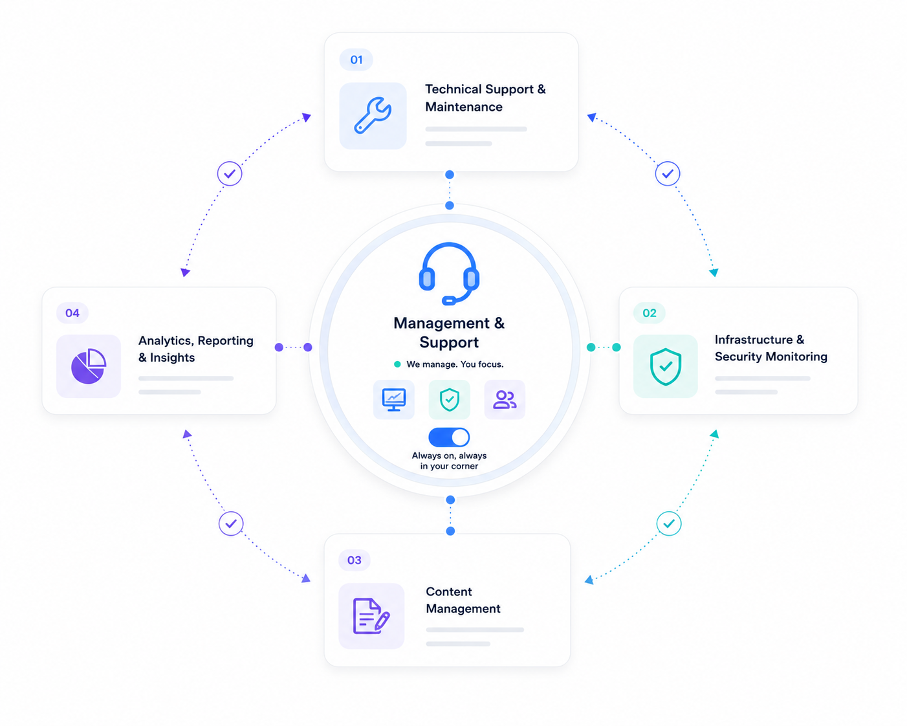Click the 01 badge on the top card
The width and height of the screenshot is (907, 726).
pyautogui.click(x=356, y=60)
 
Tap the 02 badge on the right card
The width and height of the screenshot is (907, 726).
pyautogui.click(x=649, y=313)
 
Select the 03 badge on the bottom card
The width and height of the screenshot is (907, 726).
pyautogui.click(x=354, y=560)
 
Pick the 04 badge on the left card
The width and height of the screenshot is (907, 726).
pyautogui.click(x=72, y=313)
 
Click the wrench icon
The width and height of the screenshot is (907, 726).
pyautogui.click(x=373, y=116)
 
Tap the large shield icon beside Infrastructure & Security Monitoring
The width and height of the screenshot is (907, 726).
pyautogui.click(x=666, y=366)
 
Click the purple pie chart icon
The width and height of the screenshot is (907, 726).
pyautogui.click(x=89, y=366)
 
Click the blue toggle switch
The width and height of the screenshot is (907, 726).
pyautogui.click(x=449, y=437)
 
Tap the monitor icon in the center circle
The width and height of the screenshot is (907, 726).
pyautogui.click(x=393, y=399)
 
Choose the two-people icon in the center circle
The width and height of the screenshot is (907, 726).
pyautogui.click(x=505, y=399)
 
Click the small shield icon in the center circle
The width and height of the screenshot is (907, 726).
pyautogui.click(x=449, y=399)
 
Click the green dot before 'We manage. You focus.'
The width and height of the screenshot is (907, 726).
pyautogui.click(x=397, y=364)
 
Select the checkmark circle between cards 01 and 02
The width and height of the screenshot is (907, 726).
pyautogui.click(x=667, y=173)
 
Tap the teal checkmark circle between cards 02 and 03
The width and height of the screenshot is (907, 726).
pyautogui.click(x=669, y=523)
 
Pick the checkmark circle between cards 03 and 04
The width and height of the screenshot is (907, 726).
pyautogui.click(x=231, y=523)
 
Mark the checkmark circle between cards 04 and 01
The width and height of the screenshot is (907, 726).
pyautogui.click(x=230, y=173)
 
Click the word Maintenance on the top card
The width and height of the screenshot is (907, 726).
pyautogui.click(x=464, y=107)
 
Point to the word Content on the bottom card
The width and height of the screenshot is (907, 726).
pyautogui.click(x=448, y=591)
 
